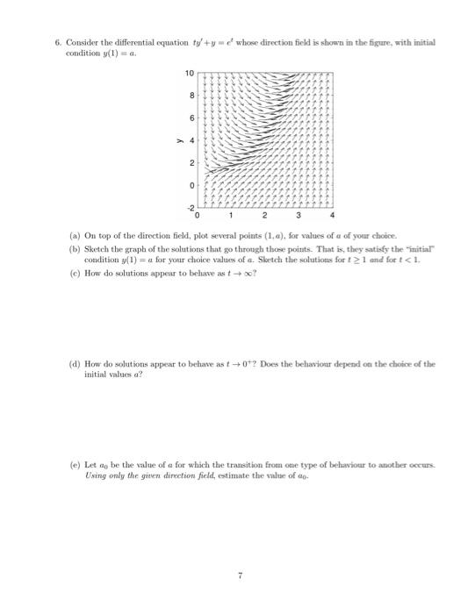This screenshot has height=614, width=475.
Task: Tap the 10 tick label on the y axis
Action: (x=189, y=72)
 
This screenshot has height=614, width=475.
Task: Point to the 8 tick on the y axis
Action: (x=191, y=94)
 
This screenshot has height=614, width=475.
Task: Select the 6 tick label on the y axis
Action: (x=191, y=117)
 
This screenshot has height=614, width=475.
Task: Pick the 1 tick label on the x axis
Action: (x=232, y=215)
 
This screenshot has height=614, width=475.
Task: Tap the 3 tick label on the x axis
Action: (x=299, y=215)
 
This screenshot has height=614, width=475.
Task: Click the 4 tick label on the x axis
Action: (x=333, y=215)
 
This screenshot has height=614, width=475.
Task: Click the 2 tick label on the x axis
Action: (x=265, y=215)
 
